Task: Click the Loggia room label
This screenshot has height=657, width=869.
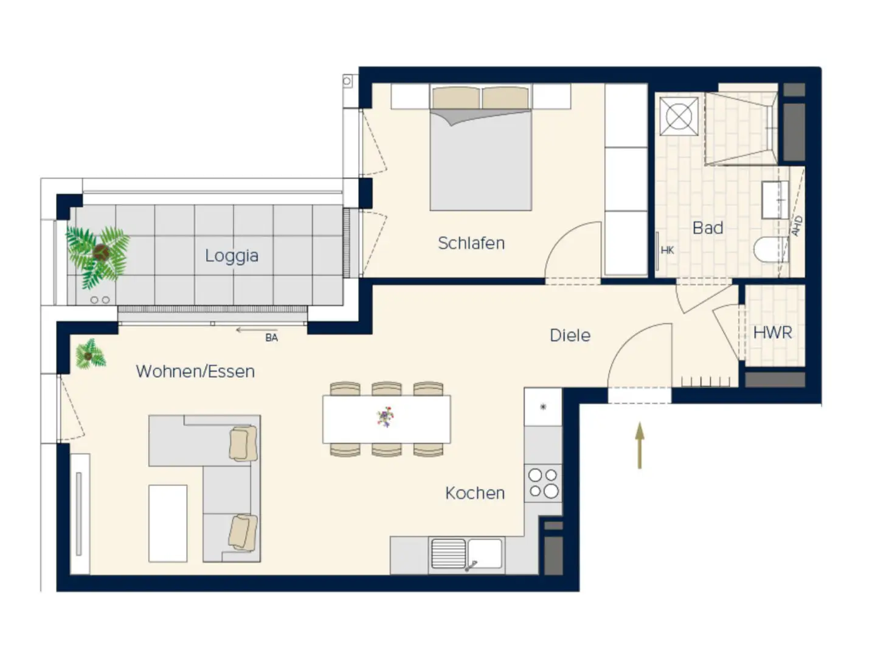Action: point(232,256)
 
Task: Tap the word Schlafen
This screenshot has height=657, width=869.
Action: point(471,243)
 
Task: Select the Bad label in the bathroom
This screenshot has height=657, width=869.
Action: point(707,228)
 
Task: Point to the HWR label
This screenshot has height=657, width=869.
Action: point(772,333)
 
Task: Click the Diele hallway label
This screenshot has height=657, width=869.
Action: point(570,335)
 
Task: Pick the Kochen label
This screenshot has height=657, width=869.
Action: point(475,493)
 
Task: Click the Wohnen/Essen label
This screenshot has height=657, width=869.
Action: point(195,372)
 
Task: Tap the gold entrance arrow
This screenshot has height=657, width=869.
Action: point(639,445)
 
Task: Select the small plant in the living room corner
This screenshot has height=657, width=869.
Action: point(90,355)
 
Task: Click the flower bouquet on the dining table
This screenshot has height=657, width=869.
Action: point(385,417)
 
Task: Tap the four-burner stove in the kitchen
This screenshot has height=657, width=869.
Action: point(543,483)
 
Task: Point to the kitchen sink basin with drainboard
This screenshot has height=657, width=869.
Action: point(466,554)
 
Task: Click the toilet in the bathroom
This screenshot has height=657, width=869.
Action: point(770,250)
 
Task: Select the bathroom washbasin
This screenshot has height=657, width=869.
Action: point(775,200)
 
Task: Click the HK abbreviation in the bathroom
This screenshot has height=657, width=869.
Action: point(667,250)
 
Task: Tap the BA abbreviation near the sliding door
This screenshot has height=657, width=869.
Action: point(272,338)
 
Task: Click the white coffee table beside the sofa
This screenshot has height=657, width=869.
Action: point(168,524)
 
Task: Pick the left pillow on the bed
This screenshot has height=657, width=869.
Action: point(455,97)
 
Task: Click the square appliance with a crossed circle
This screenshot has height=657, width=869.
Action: point(679,116)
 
